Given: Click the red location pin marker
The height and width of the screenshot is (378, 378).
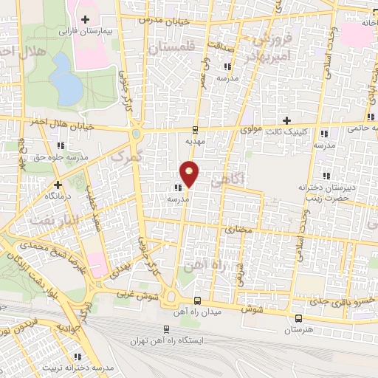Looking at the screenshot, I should click(190, 173).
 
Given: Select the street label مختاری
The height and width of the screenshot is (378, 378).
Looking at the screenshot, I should click(238, 230).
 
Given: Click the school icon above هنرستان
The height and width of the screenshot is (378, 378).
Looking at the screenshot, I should click(298, 316).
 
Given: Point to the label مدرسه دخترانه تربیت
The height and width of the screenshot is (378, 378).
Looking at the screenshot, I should click(70, 367).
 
